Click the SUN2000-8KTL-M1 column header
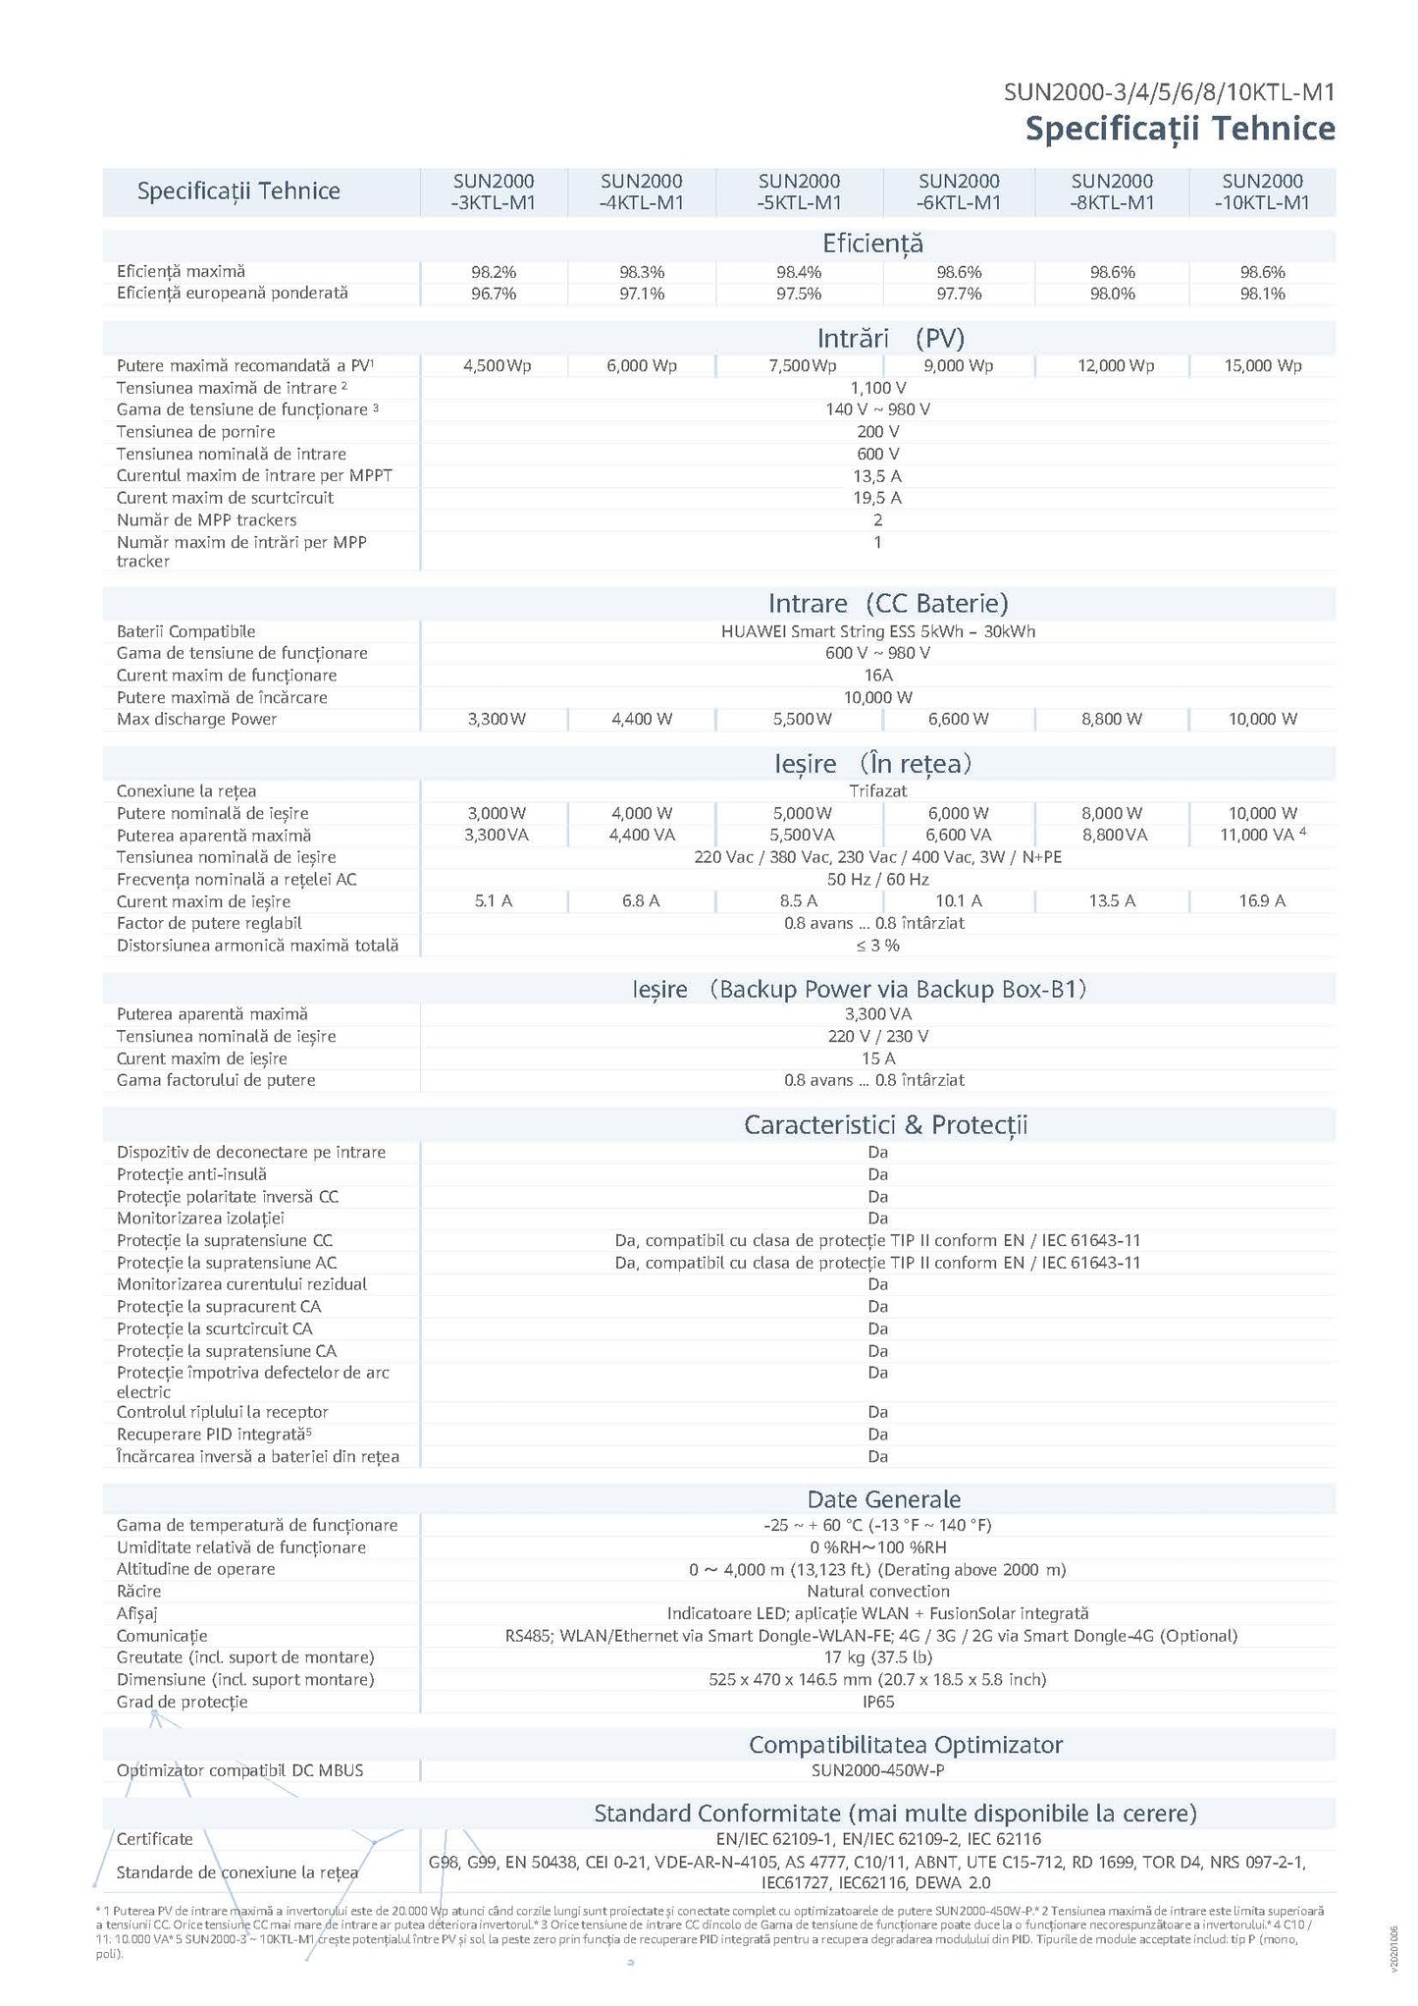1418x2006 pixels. pyautogui.click(x=1112, y=191)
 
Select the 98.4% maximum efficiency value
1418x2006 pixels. pyautogui.click(x=798, y=272)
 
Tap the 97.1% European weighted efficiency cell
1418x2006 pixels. pyautogui.click(x=641, y=294)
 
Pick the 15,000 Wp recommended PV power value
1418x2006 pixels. pyautogui.click(x=1262, y=366)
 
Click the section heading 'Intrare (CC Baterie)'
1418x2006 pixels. pyautogui.click(x=887, y=603)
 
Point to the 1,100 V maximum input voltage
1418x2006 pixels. pyautogui.click(x=877, y=388)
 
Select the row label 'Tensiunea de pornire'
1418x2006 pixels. pyautogui.click(x=195, y=432)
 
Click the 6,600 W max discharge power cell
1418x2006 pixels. pyautogui.click(x=958, y=720)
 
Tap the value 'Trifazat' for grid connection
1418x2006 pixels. pyautogui.click(x=877, y=791)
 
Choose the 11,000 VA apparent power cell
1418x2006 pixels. pyautogui.click(x=1260, y=836)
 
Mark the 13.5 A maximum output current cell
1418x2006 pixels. pyautogui.click(x=1112, y=901)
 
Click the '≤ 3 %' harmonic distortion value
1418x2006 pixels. pyautogui.click(x=877, y=946)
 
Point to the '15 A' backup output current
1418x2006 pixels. pyautogui.click(x=877, y=1058)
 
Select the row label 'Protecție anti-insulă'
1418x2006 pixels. pyautogui.click(x=191, y=1174)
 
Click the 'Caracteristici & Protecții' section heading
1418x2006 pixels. pyautogui.click(x=885, y=1125)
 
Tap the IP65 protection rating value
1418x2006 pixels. pyautogui.click(x=877, y=1702)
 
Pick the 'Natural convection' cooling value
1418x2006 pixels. pyautogui.click(x=877, y=1591)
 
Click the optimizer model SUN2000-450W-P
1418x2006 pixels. pyautogui.click(x=877, y=1770)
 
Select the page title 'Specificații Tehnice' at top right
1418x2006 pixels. pyautogui.click(x=1180, y=129)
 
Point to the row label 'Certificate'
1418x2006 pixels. pyautogui.click(x=154, y=1839)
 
